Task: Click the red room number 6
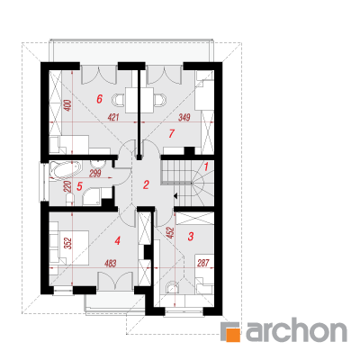point(100,99)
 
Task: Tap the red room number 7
point(171,133)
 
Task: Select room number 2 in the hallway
point(146,184)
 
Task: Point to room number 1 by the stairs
point(206,166)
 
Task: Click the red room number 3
point(191,237)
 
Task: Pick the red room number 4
point(118,240)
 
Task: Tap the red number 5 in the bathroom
point(79,186)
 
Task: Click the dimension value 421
point(113,117)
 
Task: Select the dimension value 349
point(184,117)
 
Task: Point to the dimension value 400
point(68,105)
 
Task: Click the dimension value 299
point(95,173)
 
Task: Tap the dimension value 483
point(110,264)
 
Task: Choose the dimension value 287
point(203,264)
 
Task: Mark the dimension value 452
point(170,233)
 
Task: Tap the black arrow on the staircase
point(175,196)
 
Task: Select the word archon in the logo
point(296,331)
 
